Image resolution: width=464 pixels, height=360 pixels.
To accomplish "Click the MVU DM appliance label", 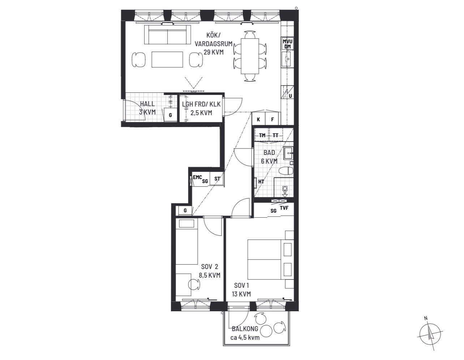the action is click(x=287, y=44).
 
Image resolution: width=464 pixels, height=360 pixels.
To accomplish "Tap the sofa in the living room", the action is click(x=168, y=35).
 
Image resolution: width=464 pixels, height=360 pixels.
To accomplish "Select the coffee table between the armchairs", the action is click(x=167, y=60).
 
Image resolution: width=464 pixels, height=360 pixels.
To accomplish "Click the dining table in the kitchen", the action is click(x=250, y=56).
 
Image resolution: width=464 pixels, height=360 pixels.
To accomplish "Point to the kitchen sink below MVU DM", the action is click(x=287, y=59).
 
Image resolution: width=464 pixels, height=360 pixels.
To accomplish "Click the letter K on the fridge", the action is click(x=258, y=120).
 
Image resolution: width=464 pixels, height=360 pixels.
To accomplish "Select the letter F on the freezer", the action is click(x=272, y=120).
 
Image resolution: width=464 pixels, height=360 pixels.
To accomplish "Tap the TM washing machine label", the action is click(x=262, y=135).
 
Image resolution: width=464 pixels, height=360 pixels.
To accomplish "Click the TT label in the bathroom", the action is click(x=276, y=135).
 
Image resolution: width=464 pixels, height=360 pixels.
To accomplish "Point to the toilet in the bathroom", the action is click(x=286, y=171).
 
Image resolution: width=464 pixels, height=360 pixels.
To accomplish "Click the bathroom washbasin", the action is click(x=288, y=153).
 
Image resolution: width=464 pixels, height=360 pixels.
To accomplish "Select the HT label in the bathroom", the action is click(x=261, y=182).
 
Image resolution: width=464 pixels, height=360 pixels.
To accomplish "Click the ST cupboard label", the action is click(x=217, y=179).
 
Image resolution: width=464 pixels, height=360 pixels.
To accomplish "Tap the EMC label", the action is click(x=197, y=177).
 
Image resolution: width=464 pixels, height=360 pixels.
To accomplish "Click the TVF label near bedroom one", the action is click(x=284, y=208).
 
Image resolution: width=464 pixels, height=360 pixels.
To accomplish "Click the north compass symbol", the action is click(x=430, y=335).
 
